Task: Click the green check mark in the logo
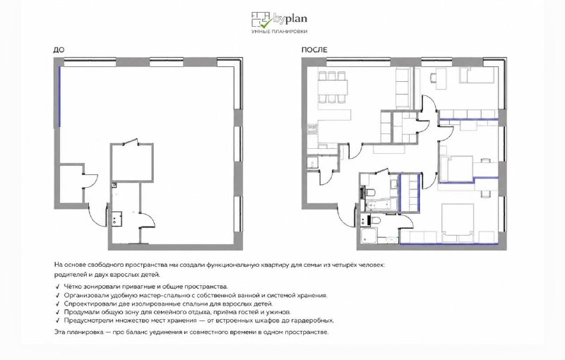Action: [266, 23]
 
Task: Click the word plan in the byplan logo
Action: [296, 18]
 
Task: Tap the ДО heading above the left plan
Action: [59, 50]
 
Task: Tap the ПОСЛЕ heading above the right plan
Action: [314, 50]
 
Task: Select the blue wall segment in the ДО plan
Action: [60, 97]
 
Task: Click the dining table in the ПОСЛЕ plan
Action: [333, 87]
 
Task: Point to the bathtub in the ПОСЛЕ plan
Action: [381, 205]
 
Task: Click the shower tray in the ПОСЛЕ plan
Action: [368, 235]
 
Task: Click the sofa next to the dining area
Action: [403, 88]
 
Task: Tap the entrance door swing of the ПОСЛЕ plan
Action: [347, 217]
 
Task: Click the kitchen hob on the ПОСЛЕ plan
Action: [311, 129]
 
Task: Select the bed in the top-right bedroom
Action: [476, 75]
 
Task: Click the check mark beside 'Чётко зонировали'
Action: [57, 287]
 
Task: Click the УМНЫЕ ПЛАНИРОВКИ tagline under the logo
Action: [279, 32]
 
